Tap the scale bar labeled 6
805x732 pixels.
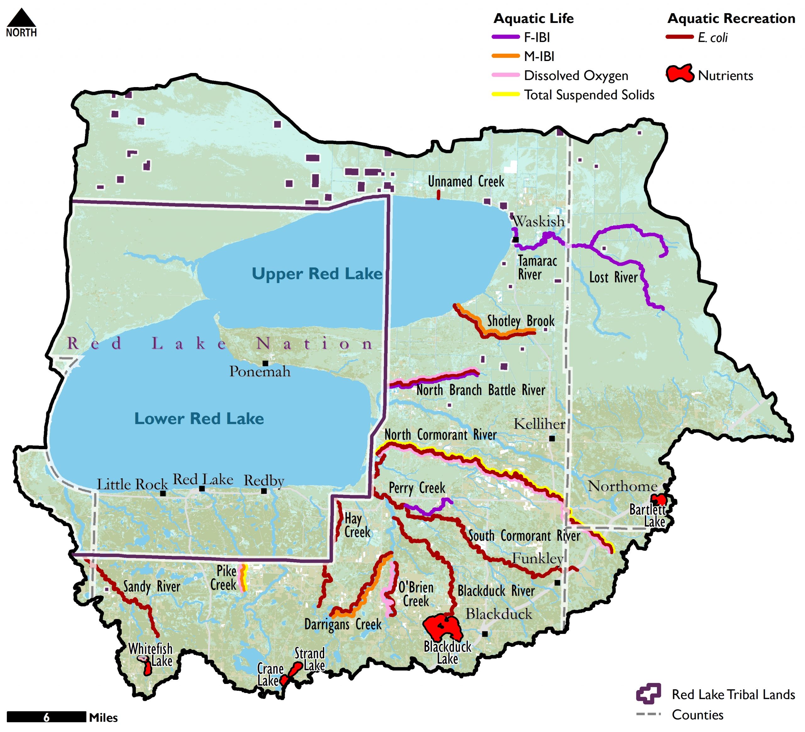click(x=46, y=717)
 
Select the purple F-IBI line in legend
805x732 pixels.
click(x=506, y=37)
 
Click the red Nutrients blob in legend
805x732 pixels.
click(x=679, y=74)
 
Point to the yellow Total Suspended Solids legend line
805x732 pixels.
click(x=506, y=95)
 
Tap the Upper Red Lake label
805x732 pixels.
click(x=317, y=274)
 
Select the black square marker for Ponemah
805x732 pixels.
click(x=265, y=363)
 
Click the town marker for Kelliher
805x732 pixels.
click(x=552, y=439)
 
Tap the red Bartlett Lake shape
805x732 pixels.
click(x=658, y=500)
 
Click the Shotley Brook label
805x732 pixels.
click(x=520, y=321)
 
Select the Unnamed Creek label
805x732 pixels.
click(x=466, y=182)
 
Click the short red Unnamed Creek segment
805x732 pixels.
click(x=438, y=195)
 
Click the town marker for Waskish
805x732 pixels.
click(x=515, y=240)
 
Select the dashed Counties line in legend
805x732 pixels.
click(x=648, y=714)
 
